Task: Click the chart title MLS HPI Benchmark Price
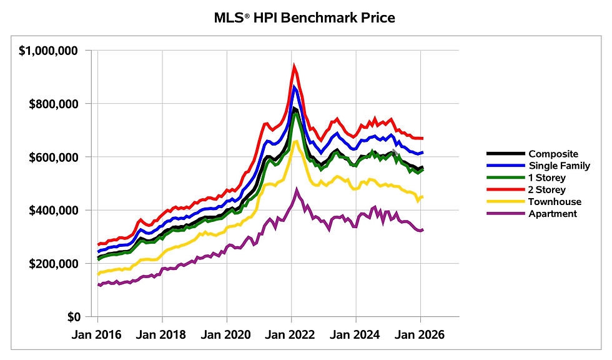(x=305, y=17)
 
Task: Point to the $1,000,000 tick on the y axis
(x=54, y=50)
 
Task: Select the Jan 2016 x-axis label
(x=98, y=334)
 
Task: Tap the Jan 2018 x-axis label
(x=162, y=334)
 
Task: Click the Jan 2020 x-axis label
(x=227, y=334)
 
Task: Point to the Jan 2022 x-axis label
(x=292, y=334)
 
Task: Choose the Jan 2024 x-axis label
(x=356, y=334)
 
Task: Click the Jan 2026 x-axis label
(x=420, y=334)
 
